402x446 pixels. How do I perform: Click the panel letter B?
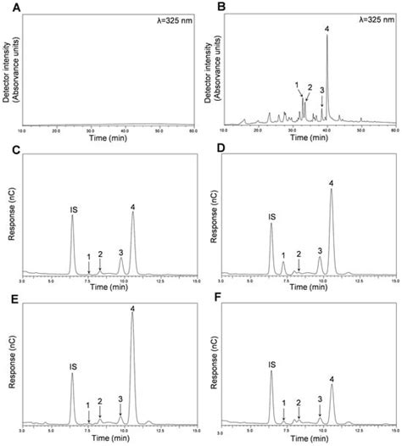[213, 6]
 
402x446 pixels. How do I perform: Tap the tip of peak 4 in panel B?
[327, 36]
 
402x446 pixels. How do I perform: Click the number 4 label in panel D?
[331, 182]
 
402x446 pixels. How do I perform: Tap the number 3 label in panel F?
[320, 398]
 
